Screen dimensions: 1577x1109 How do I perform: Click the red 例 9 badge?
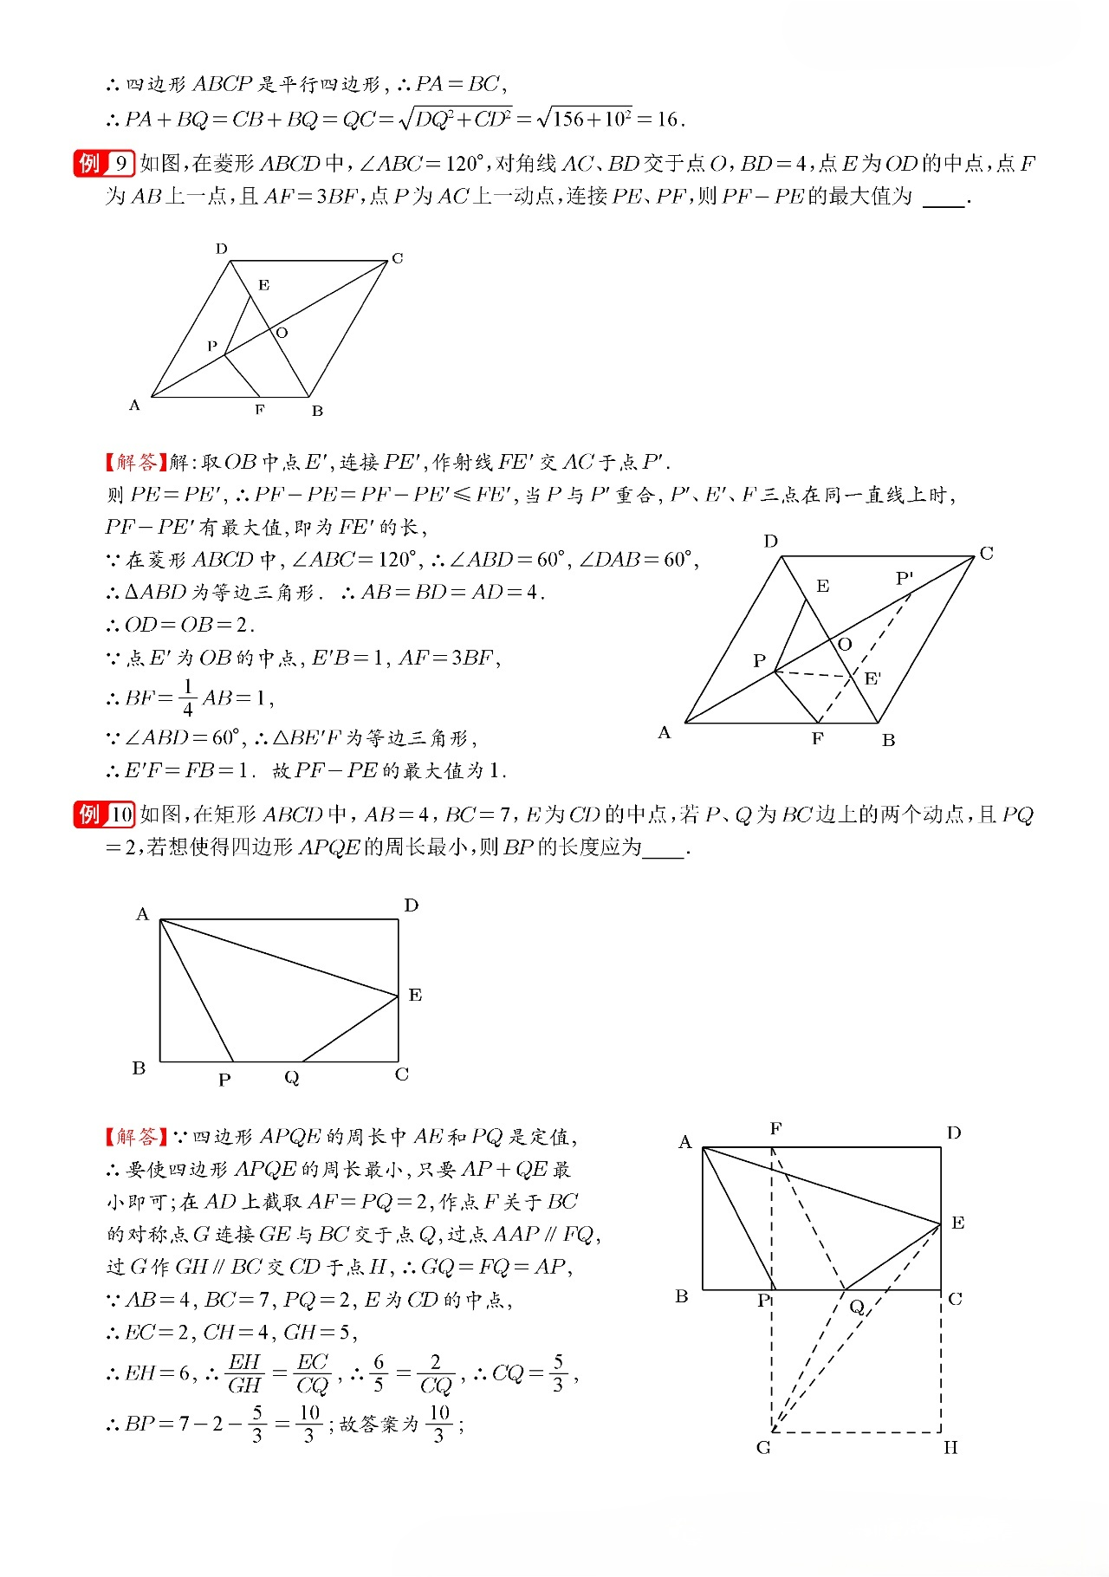103,163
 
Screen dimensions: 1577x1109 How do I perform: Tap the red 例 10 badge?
103,814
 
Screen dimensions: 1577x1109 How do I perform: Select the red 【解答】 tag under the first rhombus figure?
136,462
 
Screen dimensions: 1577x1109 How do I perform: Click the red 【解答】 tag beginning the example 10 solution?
136,1136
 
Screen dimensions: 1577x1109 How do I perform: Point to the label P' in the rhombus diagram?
905,578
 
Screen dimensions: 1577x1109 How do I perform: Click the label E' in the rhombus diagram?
873,678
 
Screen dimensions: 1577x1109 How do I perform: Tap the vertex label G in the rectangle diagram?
763,1448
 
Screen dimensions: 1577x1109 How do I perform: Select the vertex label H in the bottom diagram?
950,1448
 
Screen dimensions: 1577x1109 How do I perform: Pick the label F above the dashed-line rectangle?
775,1128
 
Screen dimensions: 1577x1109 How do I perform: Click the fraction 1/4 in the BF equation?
187,698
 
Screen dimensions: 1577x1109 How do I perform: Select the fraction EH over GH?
244,1373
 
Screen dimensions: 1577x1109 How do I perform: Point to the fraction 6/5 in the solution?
379,1373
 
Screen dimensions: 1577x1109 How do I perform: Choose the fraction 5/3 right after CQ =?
558,1373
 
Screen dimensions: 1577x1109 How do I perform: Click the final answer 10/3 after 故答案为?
440,1424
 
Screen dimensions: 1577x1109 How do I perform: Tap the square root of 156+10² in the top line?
585,119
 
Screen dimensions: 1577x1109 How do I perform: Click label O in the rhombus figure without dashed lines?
282,333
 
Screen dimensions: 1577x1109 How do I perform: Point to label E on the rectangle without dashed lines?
415,995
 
